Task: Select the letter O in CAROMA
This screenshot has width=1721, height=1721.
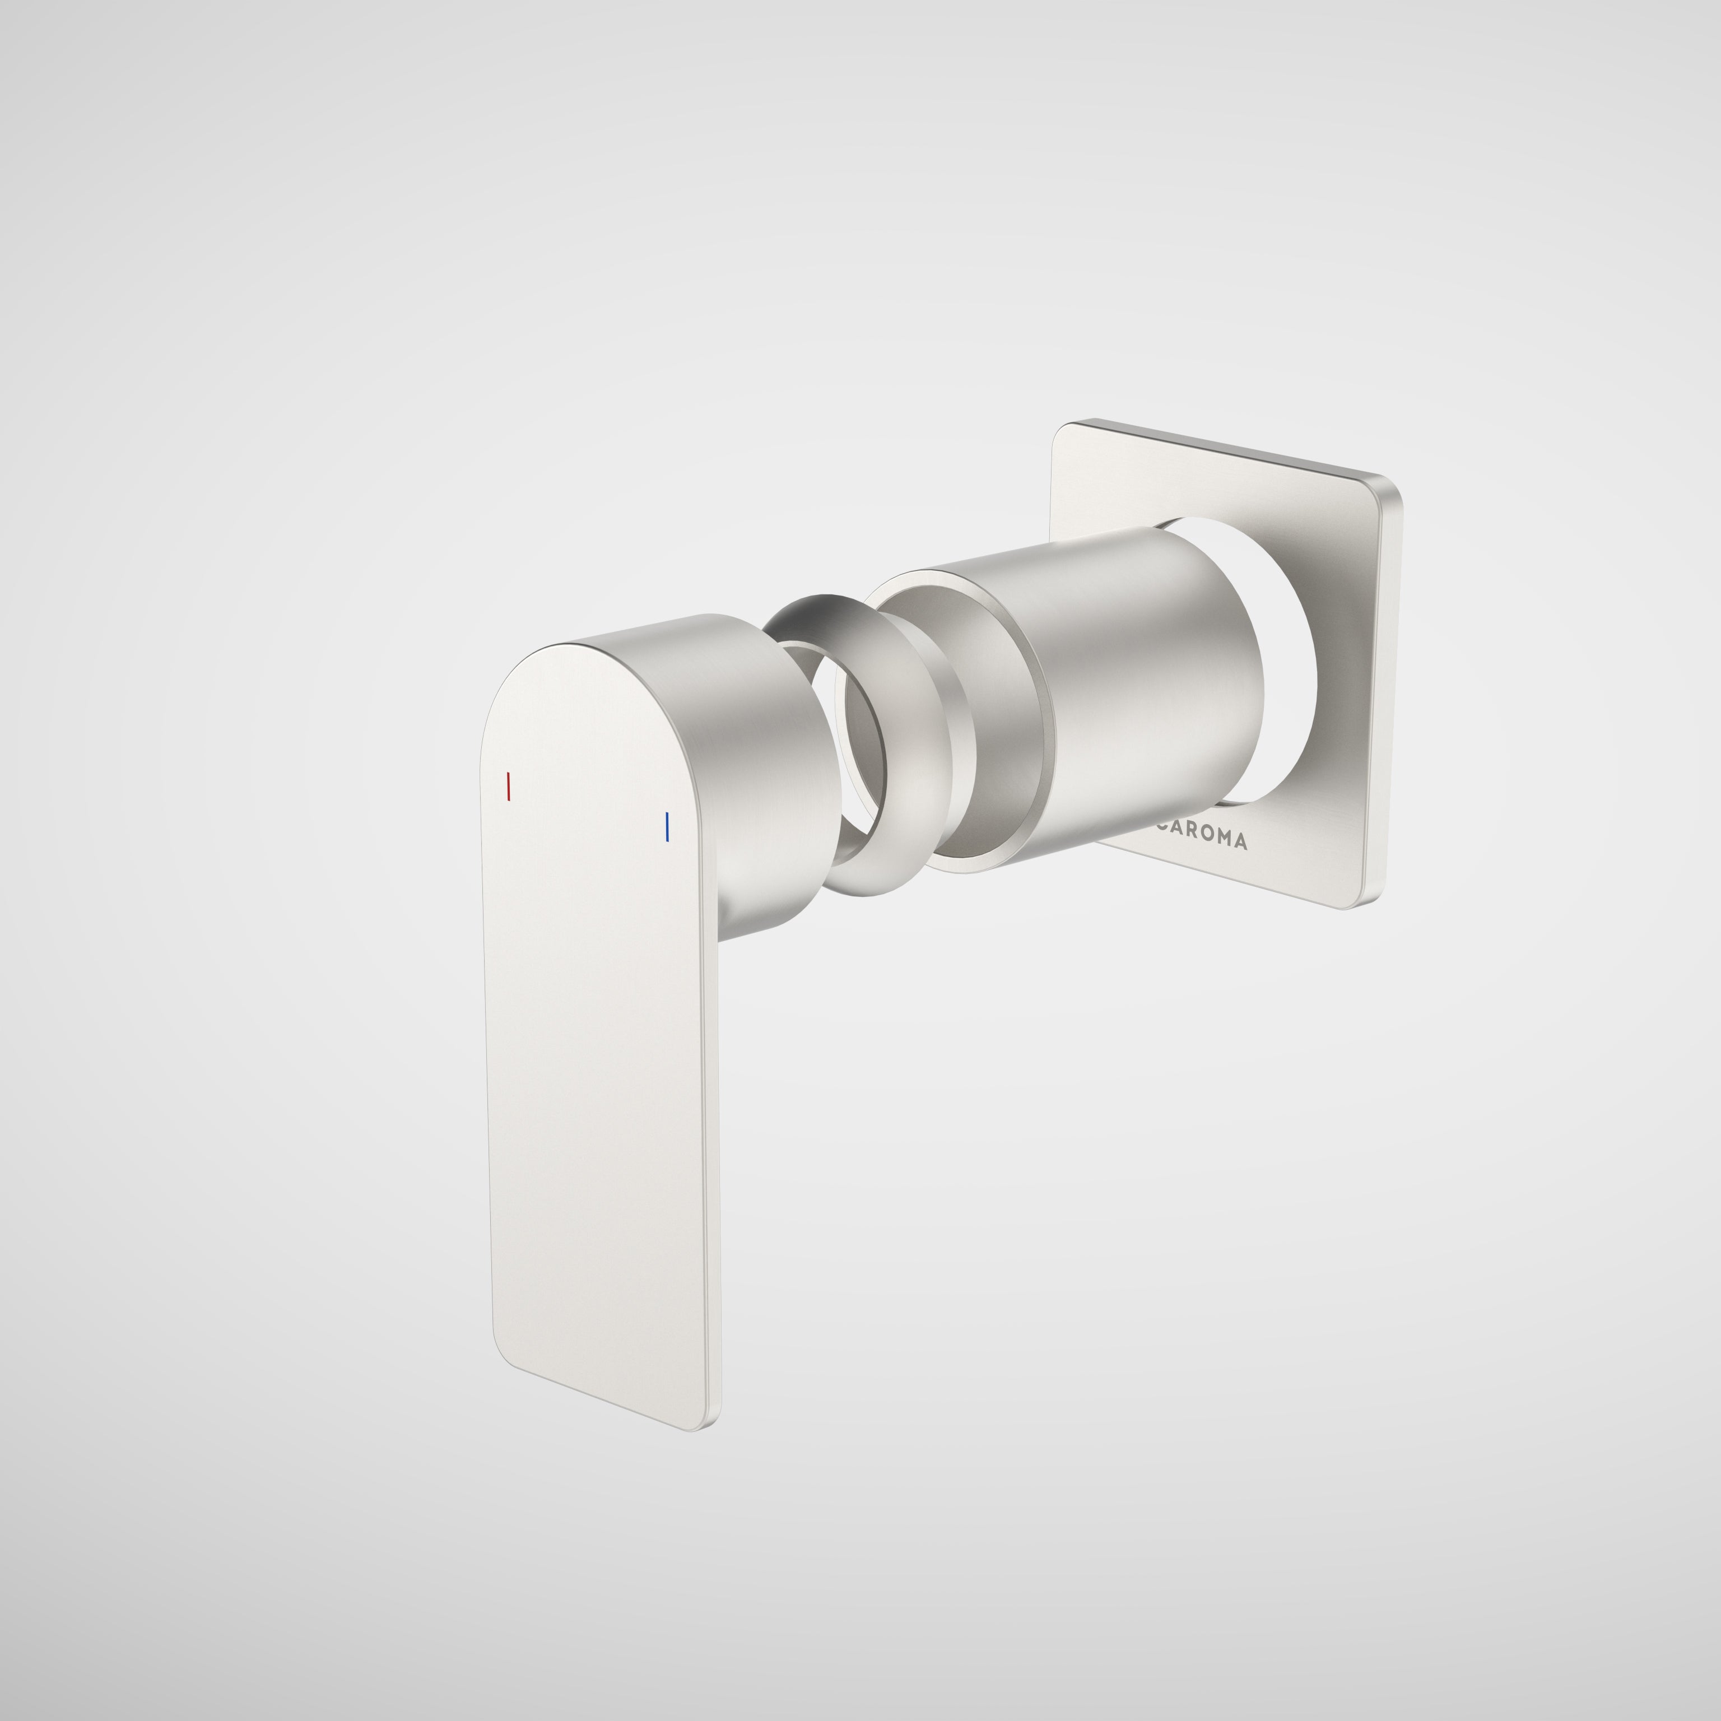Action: (x=1204, y=838)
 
